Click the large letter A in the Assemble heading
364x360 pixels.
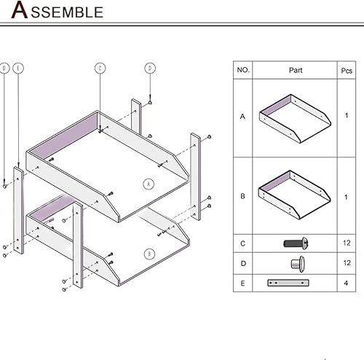22,11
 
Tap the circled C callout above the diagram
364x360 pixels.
100,68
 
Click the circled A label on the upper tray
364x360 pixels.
148,184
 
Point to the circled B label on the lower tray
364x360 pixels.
149,254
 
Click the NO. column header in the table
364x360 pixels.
243,71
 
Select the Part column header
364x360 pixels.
296,71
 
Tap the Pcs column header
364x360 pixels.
347,71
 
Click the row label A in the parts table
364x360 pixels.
243,116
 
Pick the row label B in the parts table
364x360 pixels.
243,196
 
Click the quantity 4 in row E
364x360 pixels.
347,283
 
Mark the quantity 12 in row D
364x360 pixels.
347,263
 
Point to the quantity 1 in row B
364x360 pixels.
347,196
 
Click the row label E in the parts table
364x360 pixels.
243,283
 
